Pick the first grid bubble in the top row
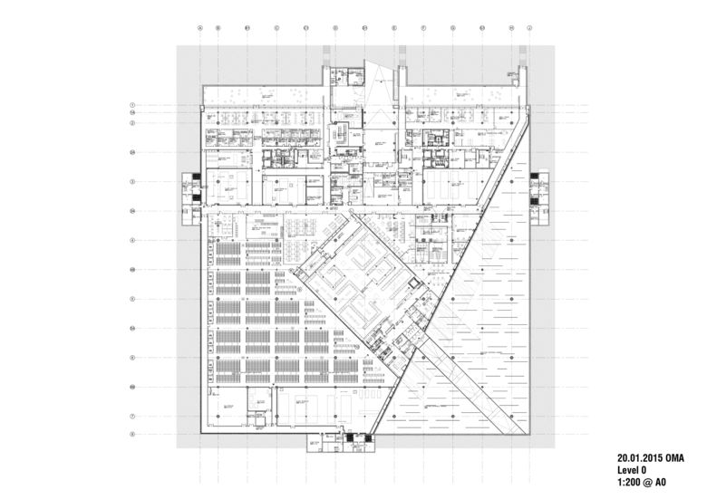pos(199,28)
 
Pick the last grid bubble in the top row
pos(525,28)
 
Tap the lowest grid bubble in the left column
pos(132,434)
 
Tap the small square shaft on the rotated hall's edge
pos(415,283)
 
